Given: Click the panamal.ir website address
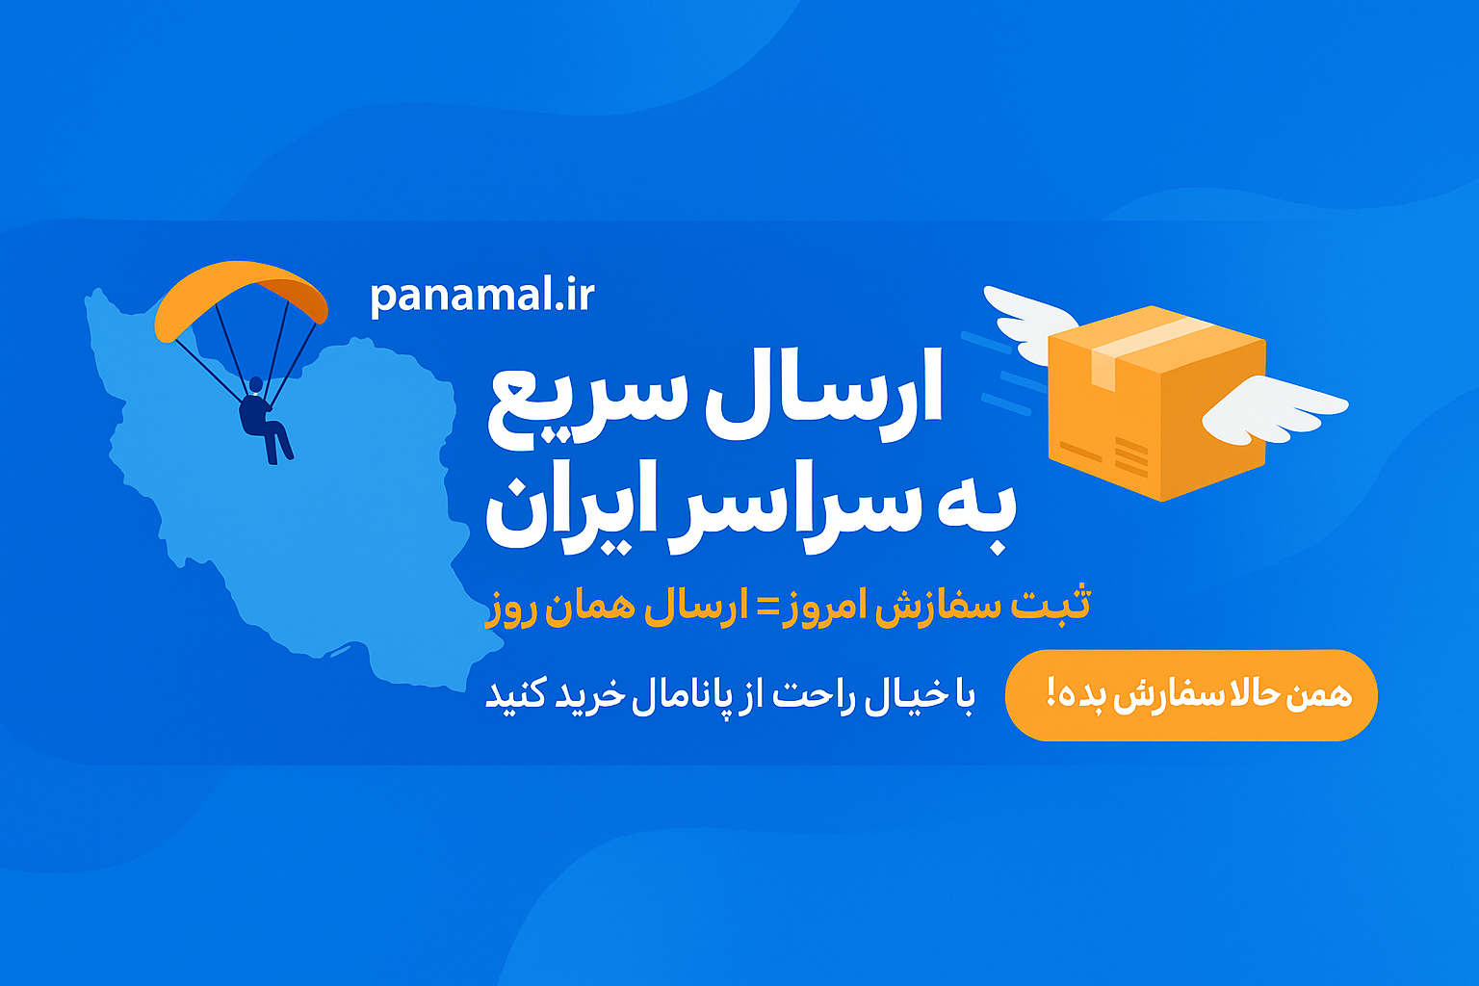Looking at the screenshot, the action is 482,297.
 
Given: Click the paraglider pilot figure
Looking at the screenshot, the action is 263,420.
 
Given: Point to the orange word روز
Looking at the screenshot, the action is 511,610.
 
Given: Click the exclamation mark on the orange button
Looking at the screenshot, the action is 1051,692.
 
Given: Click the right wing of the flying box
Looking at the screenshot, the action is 1273,409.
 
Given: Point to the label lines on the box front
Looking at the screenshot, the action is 1116,455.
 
